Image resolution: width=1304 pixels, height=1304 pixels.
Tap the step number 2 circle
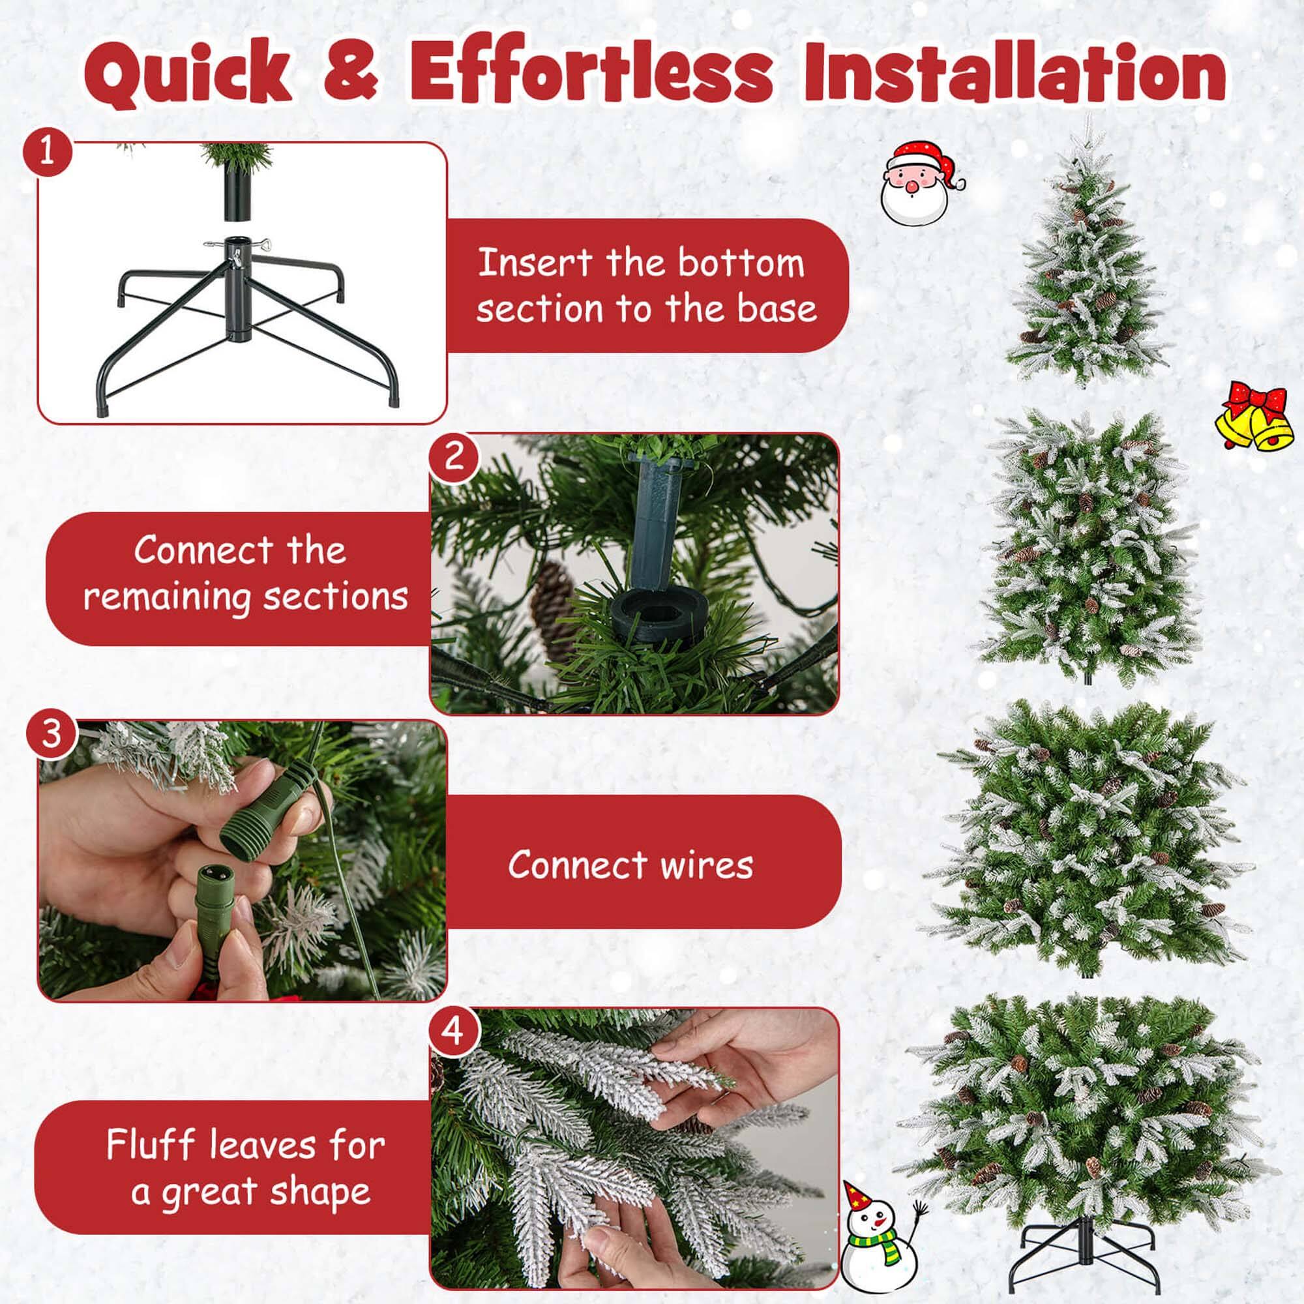point(454,456)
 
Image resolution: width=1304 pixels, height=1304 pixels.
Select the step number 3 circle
point(52,733)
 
